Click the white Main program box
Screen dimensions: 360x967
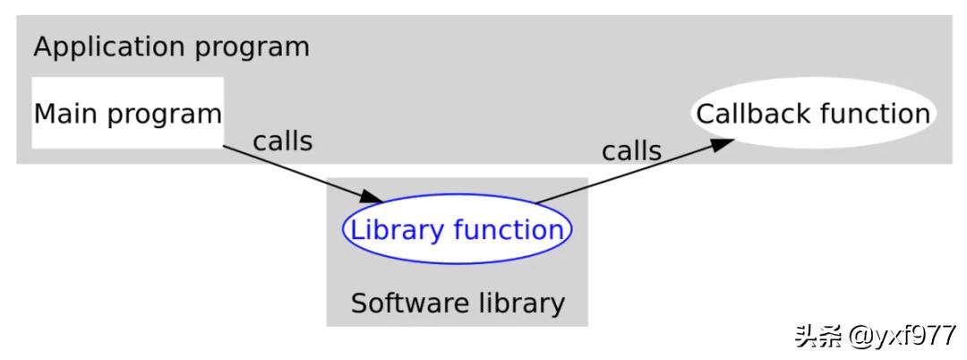pos(127,112)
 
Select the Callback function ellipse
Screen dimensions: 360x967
pos(813,115)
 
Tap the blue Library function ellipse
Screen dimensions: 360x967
pos(457,230)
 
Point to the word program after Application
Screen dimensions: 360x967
pos(262,47)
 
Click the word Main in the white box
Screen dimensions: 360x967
pos(64,115)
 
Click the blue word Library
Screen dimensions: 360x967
pos(397,230)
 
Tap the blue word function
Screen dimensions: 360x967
pos(509,230)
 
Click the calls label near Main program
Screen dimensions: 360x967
pos(283,141)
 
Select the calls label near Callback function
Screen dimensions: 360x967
pos(631,151)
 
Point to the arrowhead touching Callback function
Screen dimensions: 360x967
pos(723,143)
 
